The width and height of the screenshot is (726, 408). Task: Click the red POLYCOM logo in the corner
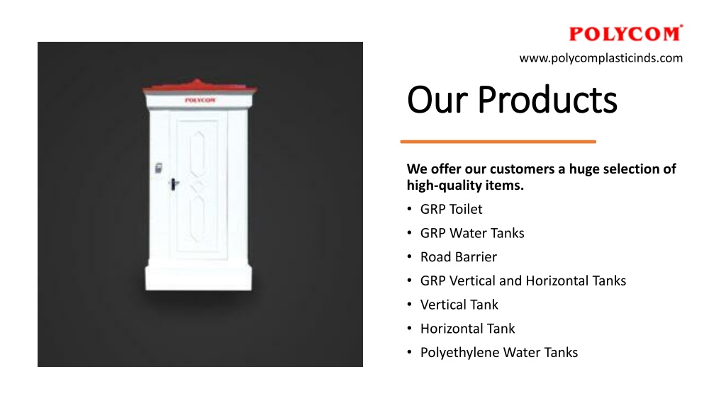click(x=625, y=33)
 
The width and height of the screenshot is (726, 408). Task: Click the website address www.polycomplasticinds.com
click(x=601, y=58)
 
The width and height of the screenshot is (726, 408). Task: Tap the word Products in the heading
click(x=547, y=99)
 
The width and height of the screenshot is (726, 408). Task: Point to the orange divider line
click(x=498, y=142)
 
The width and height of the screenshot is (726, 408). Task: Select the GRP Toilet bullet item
click(x=451, y=209)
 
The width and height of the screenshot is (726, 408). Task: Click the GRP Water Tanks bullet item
click(x=471, y=233)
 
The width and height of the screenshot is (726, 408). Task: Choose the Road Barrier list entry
click(x=459, y=256)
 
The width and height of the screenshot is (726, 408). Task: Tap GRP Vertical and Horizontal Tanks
click(x=523, y=280)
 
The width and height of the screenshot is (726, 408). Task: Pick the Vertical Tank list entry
click(x=459, y=305)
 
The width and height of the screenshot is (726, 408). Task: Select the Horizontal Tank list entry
click(x=467, y=329)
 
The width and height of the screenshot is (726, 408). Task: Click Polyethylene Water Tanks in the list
click(x=498, y=353)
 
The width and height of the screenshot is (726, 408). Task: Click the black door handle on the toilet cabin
click(x=174, y=184)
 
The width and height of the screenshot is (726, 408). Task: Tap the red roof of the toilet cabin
click(x=199, y=86)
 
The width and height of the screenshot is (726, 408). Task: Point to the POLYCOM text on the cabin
click(x=200, y=100)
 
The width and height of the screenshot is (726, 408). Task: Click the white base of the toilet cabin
click(x=199, y=278)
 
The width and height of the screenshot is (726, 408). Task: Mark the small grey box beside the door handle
click(x=158, y=168)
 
